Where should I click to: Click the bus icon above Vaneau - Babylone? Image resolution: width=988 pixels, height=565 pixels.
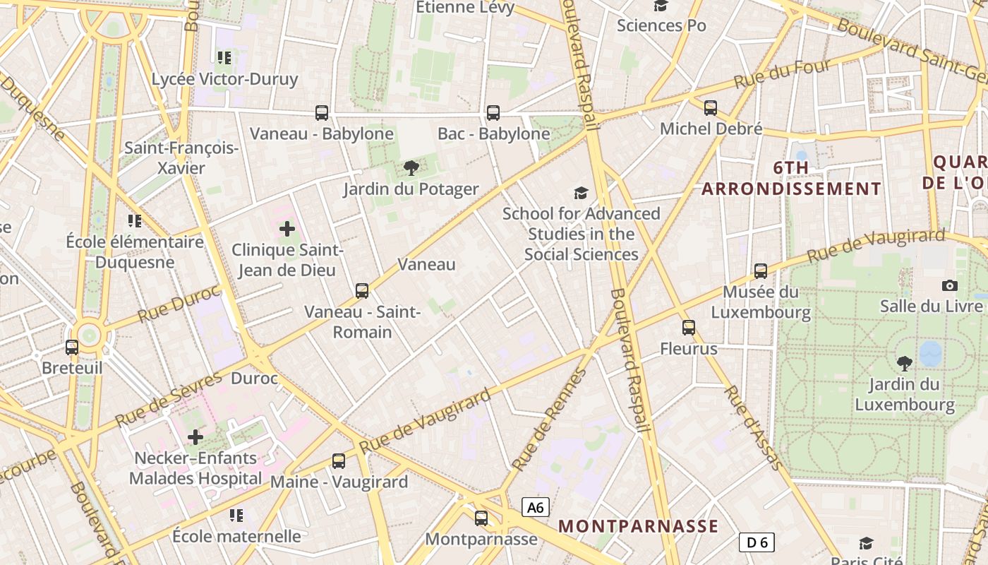pyautogui.click(x=322, y=112)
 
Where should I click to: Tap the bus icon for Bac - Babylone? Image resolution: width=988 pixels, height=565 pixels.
pyautogui.click(x=493, y=112)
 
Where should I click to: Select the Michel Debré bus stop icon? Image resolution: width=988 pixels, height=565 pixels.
pyautogui.click(x=711, y=107)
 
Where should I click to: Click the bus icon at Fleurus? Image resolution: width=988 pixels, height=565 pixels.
pyautogui.click(x=689, y=327)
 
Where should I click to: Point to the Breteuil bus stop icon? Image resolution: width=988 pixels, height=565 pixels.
pyautogui.click(x=72, y=347)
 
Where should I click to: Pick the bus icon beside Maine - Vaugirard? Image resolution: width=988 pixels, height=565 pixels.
pyautogui.click(x=339, y=460)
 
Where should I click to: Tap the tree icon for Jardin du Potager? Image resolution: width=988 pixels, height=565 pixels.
pyautogui.click(x=411, y=168)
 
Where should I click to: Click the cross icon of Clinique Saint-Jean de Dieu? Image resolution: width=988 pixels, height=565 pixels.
pyautogui.click(x=287, y=228)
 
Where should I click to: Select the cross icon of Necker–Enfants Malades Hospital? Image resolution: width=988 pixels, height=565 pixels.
pyautogui.click(x=195, y=437)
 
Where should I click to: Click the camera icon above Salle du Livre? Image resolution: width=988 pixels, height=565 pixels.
pyautogui.click(x=950, y=285)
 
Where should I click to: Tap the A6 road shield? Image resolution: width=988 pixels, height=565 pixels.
pyautogui.click(x=536, y=507)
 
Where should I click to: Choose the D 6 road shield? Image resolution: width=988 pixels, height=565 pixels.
pyautogui.click(x=757, y=542)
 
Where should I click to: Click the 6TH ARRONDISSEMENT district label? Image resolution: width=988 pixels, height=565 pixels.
pyautogui.click(x=791, y=179)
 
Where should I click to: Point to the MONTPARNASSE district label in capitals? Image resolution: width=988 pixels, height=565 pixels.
pyautogui.click(x=638, y=526)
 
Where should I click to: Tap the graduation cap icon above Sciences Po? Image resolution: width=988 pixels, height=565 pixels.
pyautogui.click(x=661, y=6)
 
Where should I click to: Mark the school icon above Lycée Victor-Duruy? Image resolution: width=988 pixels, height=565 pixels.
pyautogui.click(x=224, y=57)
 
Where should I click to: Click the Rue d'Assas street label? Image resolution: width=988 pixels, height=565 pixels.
pyautogui.click(x=754, y=428)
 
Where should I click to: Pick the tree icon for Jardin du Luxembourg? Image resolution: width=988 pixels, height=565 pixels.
pyautogui.click(x=904, y=364)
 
